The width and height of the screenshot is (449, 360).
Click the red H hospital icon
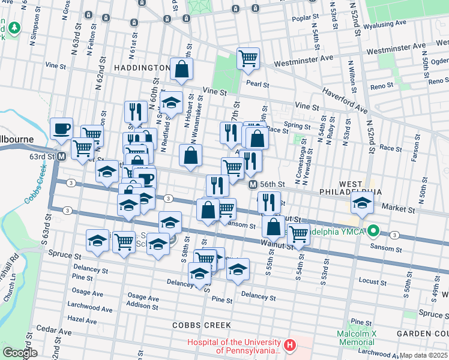point(290,345)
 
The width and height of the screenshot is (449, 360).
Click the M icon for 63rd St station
point(61,157)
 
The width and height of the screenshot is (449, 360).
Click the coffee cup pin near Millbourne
point(61,128)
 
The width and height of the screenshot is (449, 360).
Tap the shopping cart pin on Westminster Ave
point(248,59)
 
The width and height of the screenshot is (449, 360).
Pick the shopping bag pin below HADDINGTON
point(181,69)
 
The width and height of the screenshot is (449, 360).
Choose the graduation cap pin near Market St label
point(362,204)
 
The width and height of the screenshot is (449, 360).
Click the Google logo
point(20,353)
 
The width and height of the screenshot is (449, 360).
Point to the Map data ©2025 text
point(423,355)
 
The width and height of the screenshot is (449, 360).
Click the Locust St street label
point(373,281)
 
